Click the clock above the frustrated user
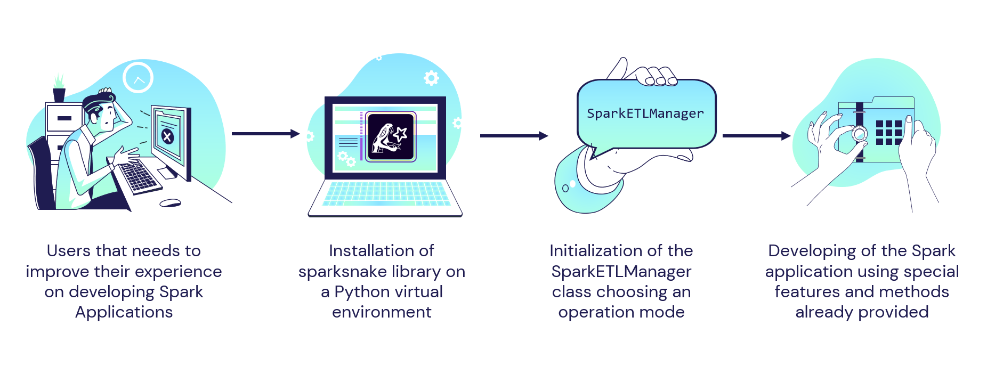(138, 78)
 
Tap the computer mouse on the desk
(171, 203)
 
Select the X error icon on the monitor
(167, 137)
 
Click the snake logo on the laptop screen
(390, 137)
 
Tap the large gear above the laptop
(431, 78)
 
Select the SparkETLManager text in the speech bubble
(645, 113)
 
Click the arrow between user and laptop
(265, 134)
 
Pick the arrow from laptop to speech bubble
(514, 136)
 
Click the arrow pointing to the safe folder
(756, 136)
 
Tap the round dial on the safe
(859, 134)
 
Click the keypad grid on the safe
(888, 133)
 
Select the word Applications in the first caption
(124, 312)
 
